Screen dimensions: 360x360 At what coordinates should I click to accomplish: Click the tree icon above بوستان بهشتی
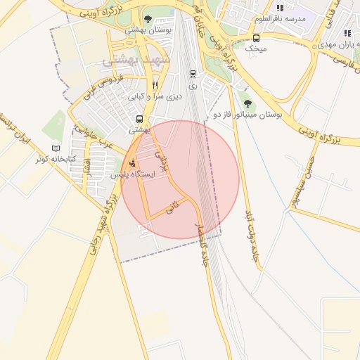point(148,19)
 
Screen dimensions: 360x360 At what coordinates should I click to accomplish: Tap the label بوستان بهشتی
point(146,30)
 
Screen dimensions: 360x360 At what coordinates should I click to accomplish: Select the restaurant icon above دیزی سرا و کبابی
point(155,85)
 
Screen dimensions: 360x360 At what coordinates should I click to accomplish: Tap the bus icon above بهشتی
point(139,120)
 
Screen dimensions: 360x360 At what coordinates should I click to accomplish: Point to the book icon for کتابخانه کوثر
point(56,148)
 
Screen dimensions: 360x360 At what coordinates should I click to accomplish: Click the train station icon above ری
point(193,73)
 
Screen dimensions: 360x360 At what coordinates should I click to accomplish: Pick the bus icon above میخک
point(256,39)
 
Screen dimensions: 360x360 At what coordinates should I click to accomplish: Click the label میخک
point(256,49)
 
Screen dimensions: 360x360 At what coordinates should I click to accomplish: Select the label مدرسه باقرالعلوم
point(281,18)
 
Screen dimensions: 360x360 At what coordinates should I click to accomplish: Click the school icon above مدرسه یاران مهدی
point(347,33)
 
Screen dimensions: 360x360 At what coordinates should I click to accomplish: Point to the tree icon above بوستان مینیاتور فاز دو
point(245,103)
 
